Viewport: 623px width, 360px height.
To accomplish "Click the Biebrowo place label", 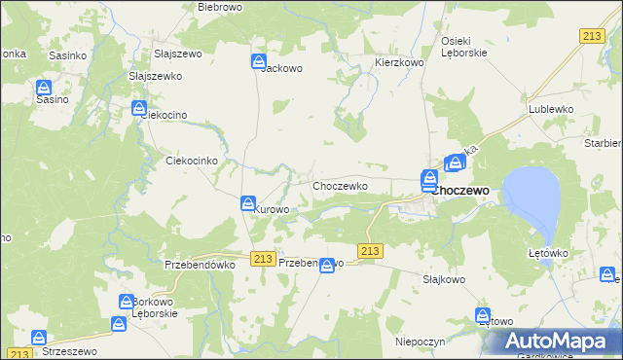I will (x=219, y=7).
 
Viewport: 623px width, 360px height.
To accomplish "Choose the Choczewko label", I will (x=339, y=185).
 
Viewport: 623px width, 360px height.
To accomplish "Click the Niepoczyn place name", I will (x=420, y=342).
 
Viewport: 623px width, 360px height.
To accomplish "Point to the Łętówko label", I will (x=548, y=253).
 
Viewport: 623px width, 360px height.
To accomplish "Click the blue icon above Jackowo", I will (x=259, y=61).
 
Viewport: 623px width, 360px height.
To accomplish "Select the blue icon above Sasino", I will (x=46, y=87).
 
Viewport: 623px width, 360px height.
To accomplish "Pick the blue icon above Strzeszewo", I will (x=39, y=338).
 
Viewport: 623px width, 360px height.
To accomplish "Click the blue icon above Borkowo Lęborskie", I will (x=127, y=302).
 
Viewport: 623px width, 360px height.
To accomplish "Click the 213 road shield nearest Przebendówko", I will (x=261, y=258).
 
